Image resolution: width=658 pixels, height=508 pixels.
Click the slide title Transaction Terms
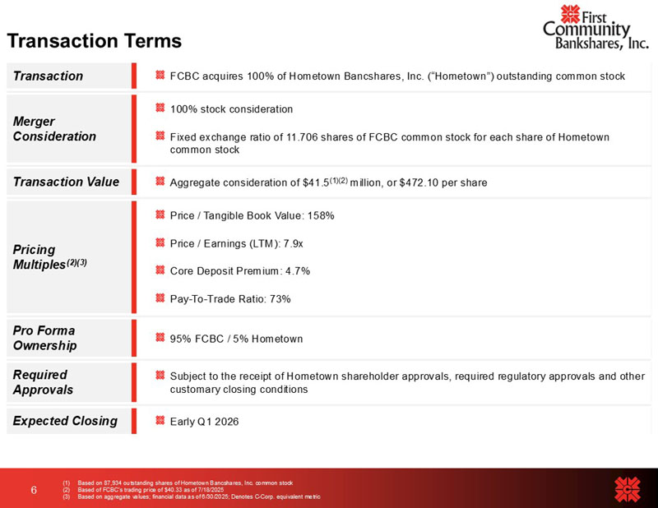[94, 40]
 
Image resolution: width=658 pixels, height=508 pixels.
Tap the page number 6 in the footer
[34, 490]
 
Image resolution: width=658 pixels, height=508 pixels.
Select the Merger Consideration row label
[54, 128]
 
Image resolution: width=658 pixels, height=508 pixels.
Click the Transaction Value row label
[66, 182]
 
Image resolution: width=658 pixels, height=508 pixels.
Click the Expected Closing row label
[65, 421]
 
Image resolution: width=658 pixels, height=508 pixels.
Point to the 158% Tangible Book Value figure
[320, 215]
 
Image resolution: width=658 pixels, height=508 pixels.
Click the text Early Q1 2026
[204, 422]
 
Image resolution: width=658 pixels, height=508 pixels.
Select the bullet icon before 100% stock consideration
[160, 109]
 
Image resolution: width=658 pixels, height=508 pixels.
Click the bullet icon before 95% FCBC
[160, 338]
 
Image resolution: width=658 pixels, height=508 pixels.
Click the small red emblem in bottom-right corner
[628, 488]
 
